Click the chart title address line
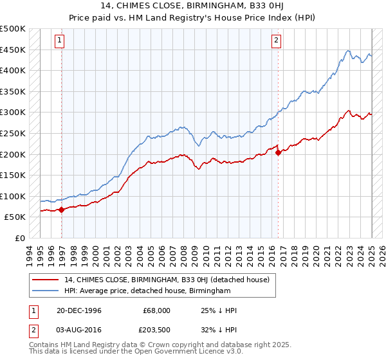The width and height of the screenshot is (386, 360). pyautogui.click(x=192, y=6)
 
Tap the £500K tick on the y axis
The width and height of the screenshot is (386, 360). pyautogui.click(x=13, y=29)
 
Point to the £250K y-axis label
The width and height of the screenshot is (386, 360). pyautogui.click(x=13, y=133)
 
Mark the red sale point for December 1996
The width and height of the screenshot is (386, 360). pyautogui.click(x=62, y=209)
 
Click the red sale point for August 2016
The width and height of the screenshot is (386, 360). pyautogui.click(x=278, y=152)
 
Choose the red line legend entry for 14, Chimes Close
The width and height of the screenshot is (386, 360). pyautogui.click(x=170, y=280)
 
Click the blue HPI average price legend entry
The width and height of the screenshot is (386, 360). pyautogui.click(x=147, y=291)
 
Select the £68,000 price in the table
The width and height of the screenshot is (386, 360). pyautogui.click(x=156, y=310)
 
